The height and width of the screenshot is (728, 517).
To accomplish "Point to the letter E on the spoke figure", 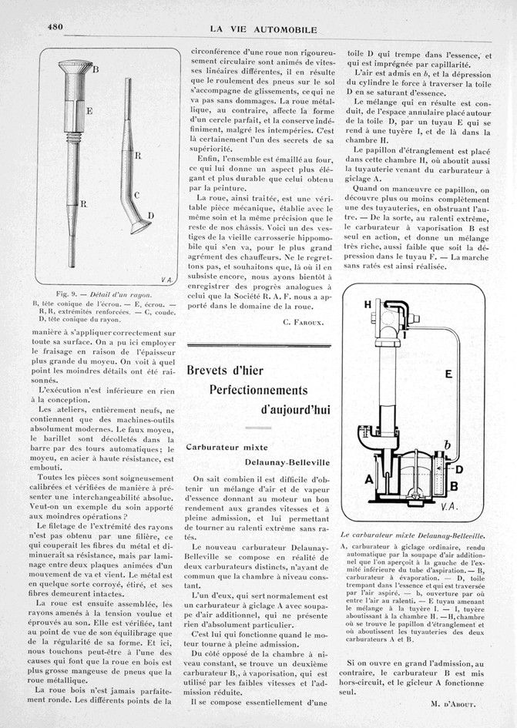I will coord(90,111).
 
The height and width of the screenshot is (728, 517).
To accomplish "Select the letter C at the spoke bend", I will coord(136,196).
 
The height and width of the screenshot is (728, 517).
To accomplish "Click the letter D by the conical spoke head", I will coord(150,216).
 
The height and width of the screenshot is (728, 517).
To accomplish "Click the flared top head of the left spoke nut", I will coord(75,67).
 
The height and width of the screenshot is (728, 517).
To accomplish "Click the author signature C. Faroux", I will coord(302,320).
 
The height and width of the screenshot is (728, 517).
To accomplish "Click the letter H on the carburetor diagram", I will coord(368,304).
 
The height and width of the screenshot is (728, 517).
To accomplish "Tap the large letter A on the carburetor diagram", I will coord(368,478).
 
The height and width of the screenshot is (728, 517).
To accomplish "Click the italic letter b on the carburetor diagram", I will coord(447,445).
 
